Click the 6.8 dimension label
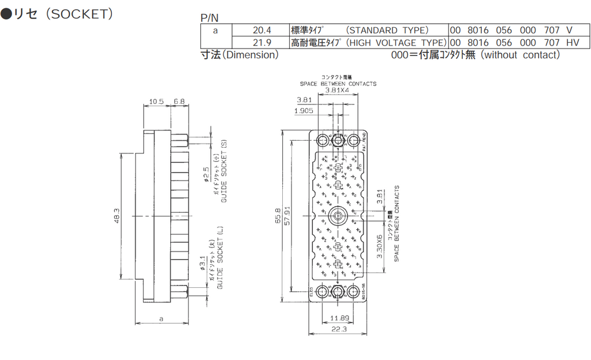[179, 102]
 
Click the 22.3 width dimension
[339, 329]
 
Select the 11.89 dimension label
[339, 318]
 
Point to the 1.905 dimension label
[304, 110]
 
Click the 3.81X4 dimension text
[338, 91]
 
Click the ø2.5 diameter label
[206, 174]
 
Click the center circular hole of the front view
[338, 216]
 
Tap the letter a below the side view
[161, 318]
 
